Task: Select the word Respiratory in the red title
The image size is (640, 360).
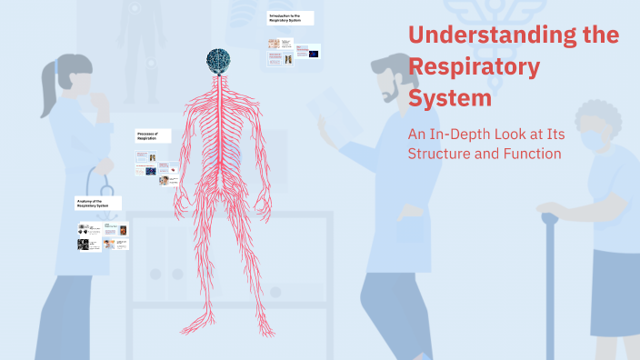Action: coord(474,67)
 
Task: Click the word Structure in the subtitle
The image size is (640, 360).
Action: coord(439,154)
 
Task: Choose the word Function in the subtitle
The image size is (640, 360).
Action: coord(529,154)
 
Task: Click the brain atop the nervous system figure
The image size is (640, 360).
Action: coord(217,60)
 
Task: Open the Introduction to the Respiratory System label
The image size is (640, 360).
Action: coord(290,18)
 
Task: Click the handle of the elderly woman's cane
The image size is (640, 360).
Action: coord(551,219)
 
